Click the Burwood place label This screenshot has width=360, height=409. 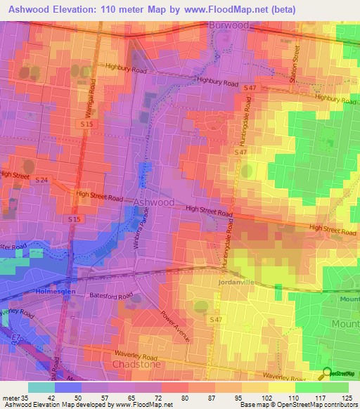[x=230, y=25]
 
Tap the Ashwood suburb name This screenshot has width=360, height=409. [x=154, y=202]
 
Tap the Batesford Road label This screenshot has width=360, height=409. [x=110, y=297]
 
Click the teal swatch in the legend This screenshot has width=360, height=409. [x=41, y=387]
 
